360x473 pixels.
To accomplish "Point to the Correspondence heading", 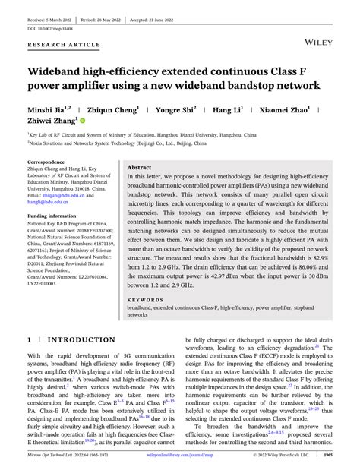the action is [46, 162].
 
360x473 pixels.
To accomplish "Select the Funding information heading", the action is [52, 216].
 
